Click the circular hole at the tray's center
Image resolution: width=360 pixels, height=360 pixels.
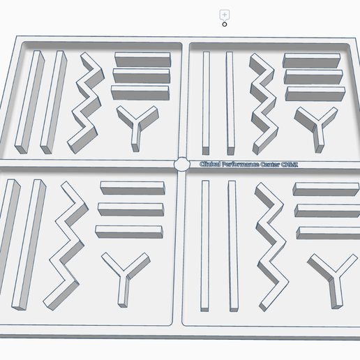[x=181, y=165]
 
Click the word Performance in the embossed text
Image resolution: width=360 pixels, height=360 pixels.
[x=239, y=165]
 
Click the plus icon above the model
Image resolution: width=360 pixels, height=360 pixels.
[x=225, y=14]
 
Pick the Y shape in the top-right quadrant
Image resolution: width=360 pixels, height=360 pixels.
[x=314, y=126]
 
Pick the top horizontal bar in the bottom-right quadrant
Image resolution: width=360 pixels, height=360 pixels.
[x=327, y=188]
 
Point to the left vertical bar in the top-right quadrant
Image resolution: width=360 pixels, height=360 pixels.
[x=205, y=101]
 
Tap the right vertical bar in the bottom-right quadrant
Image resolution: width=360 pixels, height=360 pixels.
[x=231, y=244]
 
